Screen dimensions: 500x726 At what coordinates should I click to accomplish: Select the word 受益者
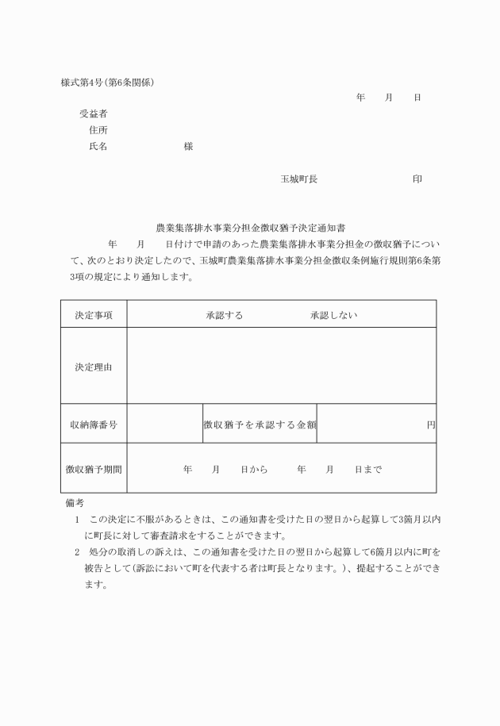94,114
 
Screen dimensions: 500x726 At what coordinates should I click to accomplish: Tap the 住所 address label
99,130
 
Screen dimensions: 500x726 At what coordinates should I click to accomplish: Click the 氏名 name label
99,147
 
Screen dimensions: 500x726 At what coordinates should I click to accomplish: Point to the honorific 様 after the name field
188,147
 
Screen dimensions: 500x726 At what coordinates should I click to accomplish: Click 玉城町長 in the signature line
298,179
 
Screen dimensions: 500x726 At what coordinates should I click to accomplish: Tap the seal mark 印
417,179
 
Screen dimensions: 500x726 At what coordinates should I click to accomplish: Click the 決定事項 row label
94,315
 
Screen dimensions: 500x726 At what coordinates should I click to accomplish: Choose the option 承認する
225,315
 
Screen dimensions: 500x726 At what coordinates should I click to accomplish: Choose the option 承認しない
334,315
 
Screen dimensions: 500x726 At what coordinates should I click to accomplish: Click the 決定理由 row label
94,367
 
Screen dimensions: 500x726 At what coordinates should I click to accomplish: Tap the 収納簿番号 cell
94,424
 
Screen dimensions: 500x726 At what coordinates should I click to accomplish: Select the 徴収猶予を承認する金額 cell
260,424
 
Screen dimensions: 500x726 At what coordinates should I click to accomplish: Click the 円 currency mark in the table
431,424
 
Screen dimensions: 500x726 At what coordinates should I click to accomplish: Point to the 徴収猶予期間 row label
94,469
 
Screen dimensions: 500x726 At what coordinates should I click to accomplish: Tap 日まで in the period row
368,469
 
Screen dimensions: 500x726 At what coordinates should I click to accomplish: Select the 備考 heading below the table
75,502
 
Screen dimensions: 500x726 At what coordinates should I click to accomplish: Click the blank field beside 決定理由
281,367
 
